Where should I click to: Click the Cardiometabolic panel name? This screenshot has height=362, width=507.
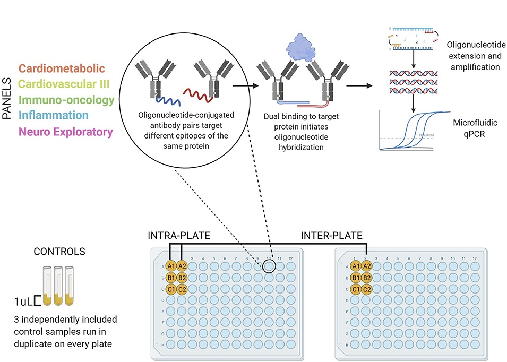tap(62, 68)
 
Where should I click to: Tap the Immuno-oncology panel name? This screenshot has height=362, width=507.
tap(66, 100)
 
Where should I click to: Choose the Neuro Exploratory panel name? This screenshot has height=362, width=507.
tap(66, 131)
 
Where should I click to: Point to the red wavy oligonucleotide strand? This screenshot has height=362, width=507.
tap(198, 96)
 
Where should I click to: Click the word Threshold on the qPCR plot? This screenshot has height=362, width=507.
tap(426, 135)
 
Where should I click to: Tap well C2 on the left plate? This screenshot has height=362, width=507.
tap(182, 289)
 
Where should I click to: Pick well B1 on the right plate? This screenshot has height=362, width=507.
tap(356, 278)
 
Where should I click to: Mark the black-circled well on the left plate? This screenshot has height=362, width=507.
tap(269, 266)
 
